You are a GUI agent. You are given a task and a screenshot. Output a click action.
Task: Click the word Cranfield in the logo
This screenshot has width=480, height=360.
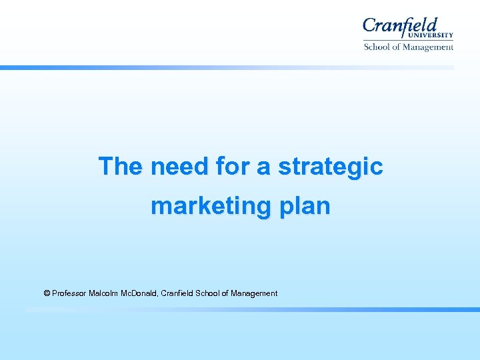pyautogui.click(x=400, y=27)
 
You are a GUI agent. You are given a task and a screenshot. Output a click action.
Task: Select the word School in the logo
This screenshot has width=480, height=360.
pyautogui.click(x=377, y=47)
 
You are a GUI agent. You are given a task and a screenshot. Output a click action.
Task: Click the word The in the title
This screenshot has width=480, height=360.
pyautogui.click(x=120, y=166)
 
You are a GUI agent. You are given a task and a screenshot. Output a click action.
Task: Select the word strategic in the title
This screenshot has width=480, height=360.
pyautogui.click(x=331, y=166)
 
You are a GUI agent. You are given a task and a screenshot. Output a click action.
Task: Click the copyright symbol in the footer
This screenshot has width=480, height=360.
pyautogui.click(x=47, y=293)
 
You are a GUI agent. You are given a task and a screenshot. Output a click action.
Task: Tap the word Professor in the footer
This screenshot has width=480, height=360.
pyautogui.click(x=69, y=293)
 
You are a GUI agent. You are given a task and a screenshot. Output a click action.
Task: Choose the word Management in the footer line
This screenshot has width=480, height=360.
pyautogui.click(x=254, y=293)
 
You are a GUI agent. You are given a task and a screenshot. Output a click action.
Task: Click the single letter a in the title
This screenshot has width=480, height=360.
pyautogui.click(x=263, y=166)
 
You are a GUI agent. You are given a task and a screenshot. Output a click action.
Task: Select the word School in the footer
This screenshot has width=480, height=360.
pyautogui.click(x=208, y=293)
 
